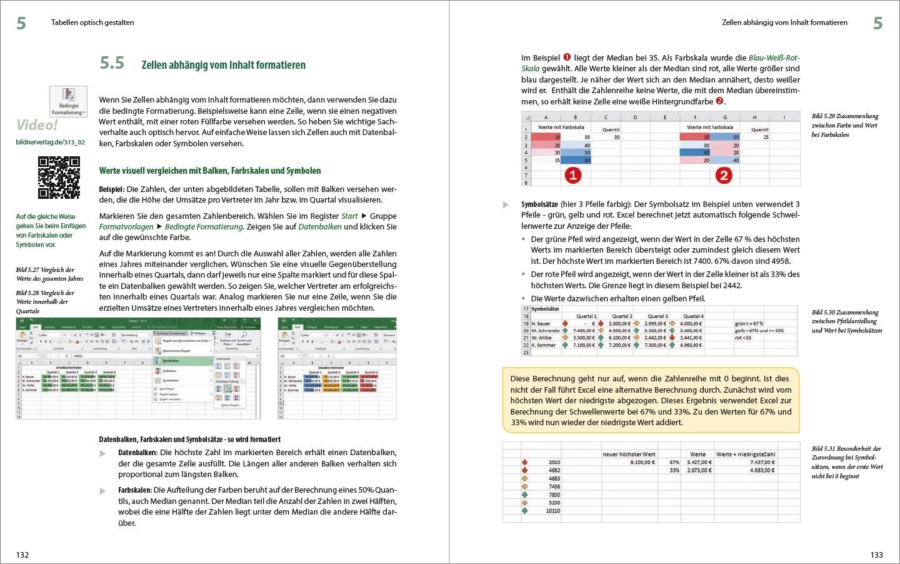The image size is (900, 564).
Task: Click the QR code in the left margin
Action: point(59,178)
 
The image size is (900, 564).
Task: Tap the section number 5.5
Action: point(112,63)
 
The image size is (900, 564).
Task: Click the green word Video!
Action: point(37,124)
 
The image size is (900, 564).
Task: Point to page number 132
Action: point(22,555)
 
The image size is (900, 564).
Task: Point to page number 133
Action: point(877,555)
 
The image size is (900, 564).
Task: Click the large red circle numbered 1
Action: point(573,175)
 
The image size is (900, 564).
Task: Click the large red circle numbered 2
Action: point(724,175)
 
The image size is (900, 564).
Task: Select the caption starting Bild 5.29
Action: point(844,125)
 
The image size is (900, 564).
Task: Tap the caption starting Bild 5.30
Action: point(846,321)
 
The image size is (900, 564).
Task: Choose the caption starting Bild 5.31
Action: point(846,462)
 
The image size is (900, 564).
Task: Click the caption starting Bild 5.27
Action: point(49,274)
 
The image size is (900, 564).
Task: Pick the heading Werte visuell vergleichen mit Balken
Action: point(210,171)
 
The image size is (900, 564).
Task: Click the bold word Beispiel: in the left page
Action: point(112,189)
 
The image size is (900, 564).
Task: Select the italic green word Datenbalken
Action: point(320,227)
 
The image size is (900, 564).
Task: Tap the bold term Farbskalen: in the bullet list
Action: point(134,490)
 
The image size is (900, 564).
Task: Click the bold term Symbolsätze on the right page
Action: point(539,204)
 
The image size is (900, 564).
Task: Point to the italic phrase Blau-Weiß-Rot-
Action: point(774,58)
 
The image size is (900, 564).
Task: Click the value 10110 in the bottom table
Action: point(552,511)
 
